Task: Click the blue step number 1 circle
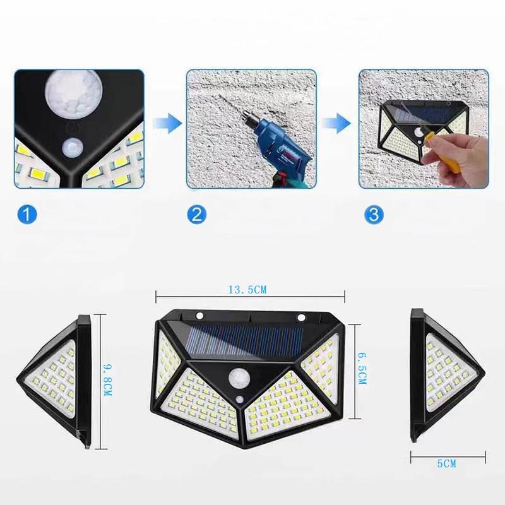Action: pyautogui.click(x=27, y=214)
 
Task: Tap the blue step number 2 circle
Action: pyautogui.click(x=196, y=214)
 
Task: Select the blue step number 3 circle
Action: pyautogui.click(x=374, y=214)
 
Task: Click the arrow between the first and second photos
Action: pyautogui.click(x=167, y=123)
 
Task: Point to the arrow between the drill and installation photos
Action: pyautogui.click(x=336, y=123)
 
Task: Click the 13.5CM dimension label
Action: pyautogui.click(x=247, y=290)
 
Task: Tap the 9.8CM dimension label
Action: pyautogui.click(x=107, y=380)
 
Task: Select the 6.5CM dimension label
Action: pyautogui.click(x=362, y=368)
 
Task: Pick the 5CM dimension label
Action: pyautogui.click(x=447, y=464)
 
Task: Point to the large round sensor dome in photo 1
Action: pyautogui.click(x=74, y=88)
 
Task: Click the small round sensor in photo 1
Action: pyautogui.click(x=73, y=149)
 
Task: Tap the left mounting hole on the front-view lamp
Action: pyautogui.click(x=199, y=315)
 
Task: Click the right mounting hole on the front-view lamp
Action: pyautogui.click(x=302, y=318)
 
